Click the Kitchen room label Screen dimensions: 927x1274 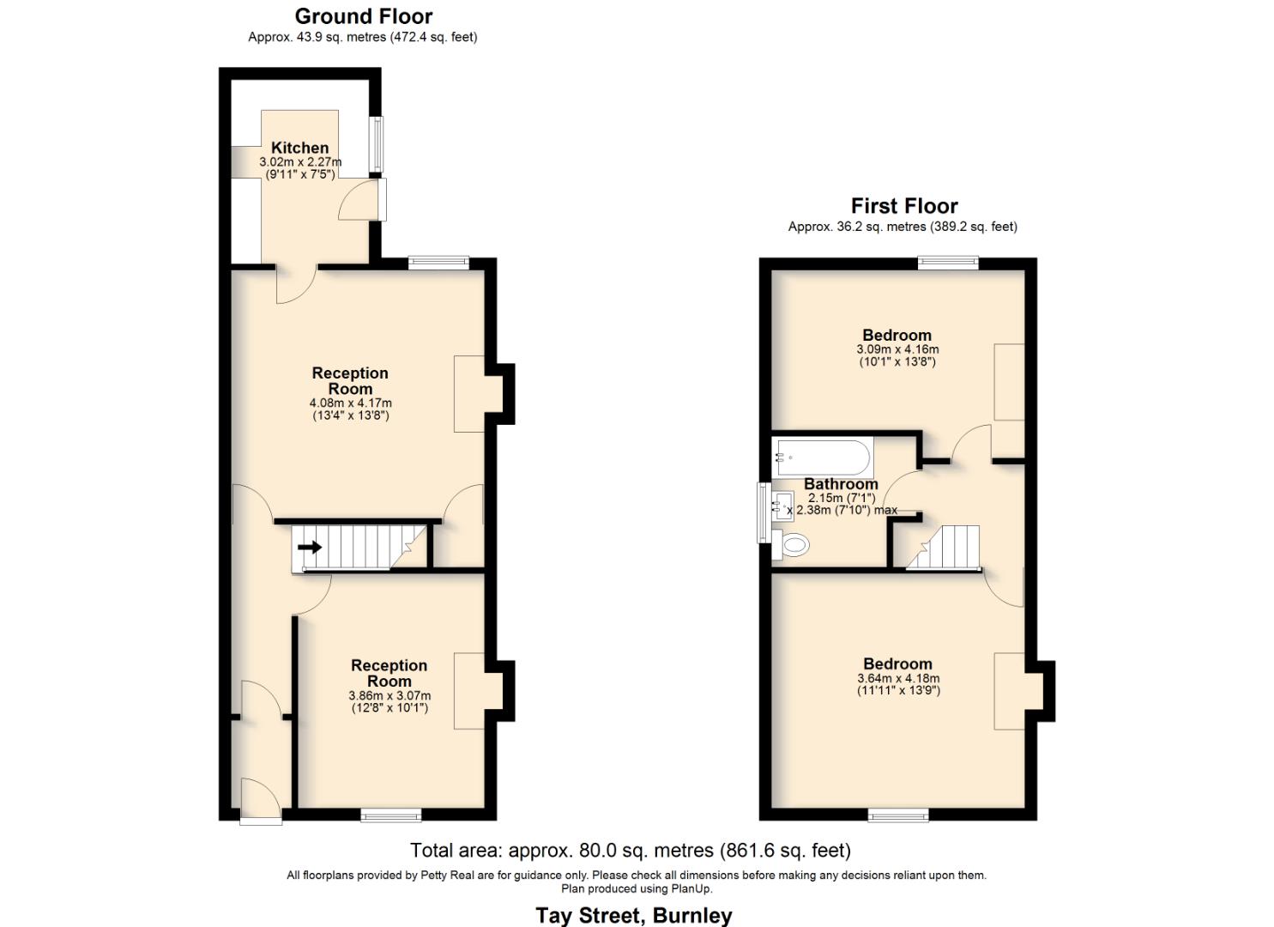[x=299, y=148]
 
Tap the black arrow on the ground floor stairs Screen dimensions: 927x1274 [x=310, y=547]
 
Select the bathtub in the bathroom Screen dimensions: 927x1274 [x=823, y=457]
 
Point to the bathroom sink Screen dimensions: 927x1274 [x=782, y=506]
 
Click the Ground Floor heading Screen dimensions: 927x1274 [x=364, y=16]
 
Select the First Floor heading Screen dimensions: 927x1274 [x=903, y=206]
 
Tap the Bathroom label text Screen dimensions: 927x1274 [x=840, y=484]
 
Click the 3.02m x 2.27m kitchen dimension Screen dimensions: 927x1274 [x=300, y=162]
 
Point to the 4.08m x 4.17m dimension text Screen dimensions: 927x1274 [x=350, y=403]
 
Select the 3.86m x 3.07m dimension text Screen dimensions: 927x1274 [x=389, y=696]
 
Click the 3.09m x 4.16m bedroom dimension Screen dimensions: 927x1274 [x=897, y=349]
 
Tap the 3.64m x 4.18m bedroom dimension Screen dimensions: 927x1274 [x=898, y=678]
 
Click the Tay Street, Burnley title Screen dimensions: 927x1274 [x=634, y=915]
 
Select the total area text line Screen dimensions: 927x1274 [x=631, y=851]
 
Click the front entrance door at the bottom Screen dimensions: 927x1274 [x=261, y=803]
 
